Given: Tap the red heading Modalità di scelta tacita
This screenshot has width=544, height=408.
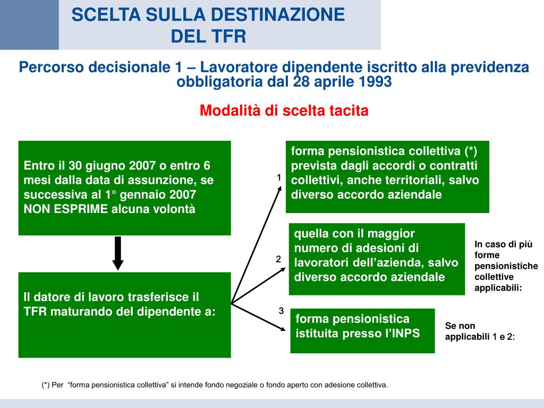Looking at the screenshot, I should (284, 110).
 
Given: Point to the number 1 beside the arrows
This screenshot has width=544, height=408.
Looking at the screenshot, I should (278, 177).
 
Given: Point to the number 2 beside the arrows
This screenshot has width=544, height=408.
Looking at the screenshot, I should (278, 259).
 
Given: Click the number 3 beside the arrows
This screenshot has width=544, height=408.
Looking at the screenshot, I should (281, 311).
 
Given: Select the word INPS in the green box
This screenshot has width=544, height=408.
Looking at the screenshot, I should (403, 334).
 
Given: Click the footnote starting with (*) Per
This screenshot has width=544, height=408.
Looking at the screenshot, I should (215, 385).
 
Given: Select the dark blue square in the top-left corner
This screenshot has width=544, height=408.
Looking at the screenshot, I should (29, 24).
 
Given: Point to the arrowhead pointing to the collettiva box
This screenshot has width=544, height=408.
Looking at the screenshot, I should (281, 190).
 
